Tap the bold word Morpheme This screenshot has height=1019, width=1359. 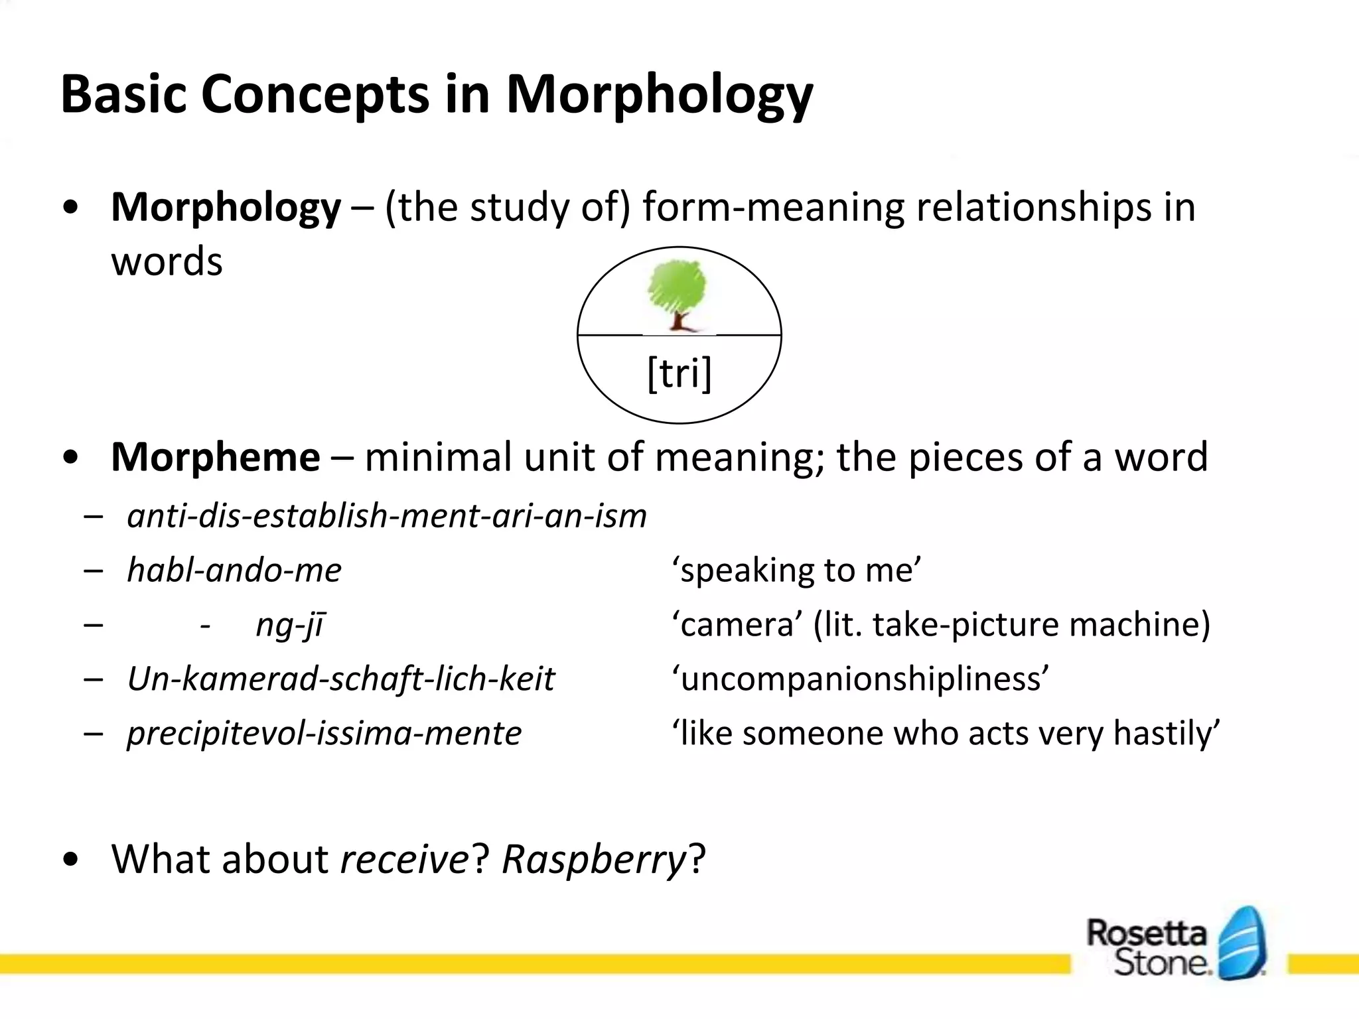216,457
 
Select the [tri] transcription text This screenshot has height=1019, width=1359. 679,373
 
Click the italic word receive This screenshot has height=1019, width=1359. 405,859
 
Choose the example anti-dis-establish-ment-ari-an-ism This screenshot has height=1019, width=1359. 387,516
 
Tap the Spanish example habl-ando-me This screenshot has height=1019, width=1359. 234,571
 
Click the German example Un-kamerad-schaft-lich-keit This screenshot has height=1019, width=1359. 340,679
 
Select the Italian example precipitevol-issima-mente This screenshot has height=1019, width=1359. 324,733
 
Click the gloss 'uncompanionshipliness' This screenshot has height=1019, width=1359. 861,679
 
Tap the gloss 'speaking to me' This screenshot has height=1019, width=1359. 796,571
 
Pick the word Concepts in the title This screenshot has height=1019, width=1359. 315,96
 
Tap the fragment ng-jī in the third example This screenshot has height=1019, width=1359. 290,625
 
